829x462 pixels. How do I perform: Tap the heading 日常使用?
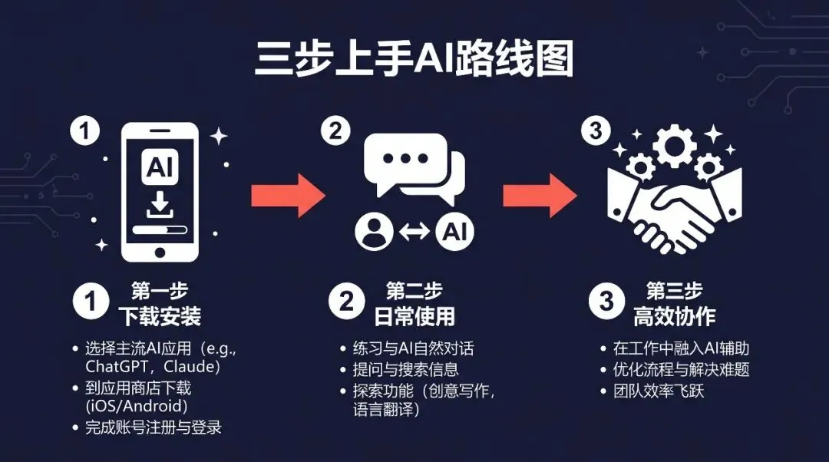tap(414, 315)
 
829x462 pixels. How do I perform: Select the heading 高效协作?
tap(674, 315)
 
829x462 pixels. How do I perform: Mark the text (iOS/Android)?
tap(136, 406)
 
